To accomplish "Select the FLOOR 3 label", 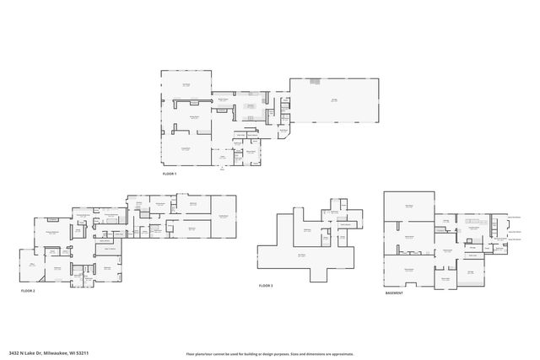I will click(266, 286).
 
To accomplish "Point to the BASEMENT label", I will click(394, 293).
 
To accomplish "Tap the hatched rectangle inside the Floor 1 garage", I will click(313, 82).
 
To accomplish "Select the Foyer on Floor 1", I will click(223, 157).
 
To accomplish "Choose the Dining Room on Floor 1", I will click(193, 117).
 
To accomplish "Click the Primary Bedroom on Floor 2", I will click(51, 234).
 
